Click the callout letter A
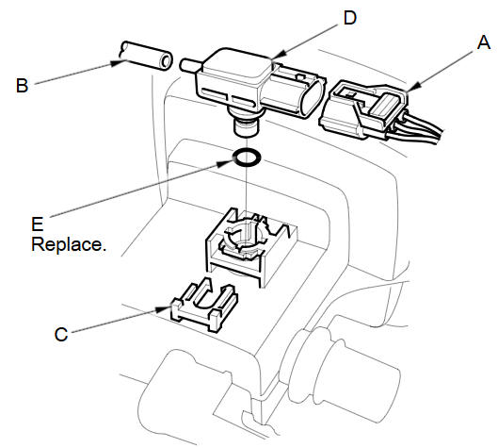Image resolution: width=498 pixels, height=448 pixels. click(x=483, y=42)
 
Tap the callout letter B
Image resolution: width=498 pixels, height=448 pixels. click(x=22, y=86)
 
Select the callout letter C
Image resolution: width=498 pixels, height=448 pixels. click(x=61, y=335)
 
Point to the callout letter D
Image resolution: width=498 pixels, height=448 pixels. click(x=350, y=18)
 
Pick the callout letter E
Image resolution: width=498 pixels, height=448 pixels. click(x=37, y=224)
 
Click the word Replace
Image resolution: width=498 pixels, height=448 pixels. click(x=69, y=244)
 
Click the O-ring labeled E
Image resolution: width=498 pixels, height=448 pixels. click(x=248, y=157)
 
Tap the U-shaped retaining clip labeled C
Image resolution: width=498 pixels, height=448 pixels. click(x=204, y=304)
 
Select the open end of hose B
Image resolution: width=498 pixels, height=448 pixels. click(x=165, y=60)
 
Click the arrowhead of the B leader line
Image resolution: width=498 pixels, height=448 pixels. click(x=118, y=62)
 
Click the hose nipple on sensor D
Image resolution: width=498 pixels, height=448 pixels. click(x=190, y=64)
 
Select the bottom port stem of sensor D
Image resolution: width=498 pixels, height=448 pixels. click(x=247, y=127)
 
